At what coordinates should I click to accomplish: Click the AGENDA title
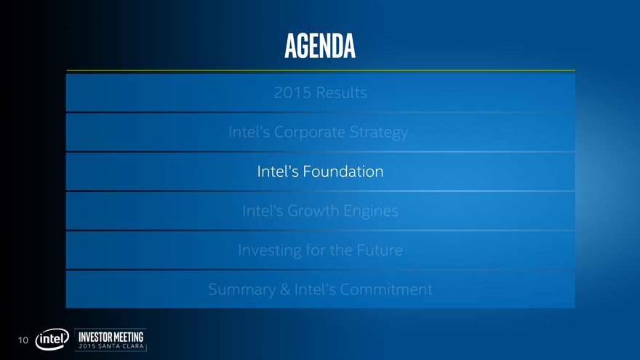click(x=320, y=46)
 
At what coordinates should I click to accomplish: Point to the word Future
click(x=380, y=249)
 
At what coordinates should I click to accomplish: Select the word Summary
click(x=242, y=289)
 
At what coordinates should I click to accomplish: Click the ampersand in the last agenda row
click(x=285, y=289)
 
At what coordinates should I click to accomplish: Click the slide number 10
click(x=23, y=340)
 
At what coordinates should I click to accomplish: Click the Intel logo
click(x=52, y=339)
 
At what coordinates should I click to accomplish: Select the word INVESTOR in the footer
click(x=95, y=337)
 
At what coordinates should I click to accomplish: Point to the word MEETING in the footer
click(x=128, y=337)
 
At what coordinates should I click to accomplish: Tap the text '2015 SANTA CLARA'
click(x=111, y=346)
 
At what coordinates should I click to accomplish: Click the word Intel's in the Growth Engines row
click(x=263, y=211)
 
